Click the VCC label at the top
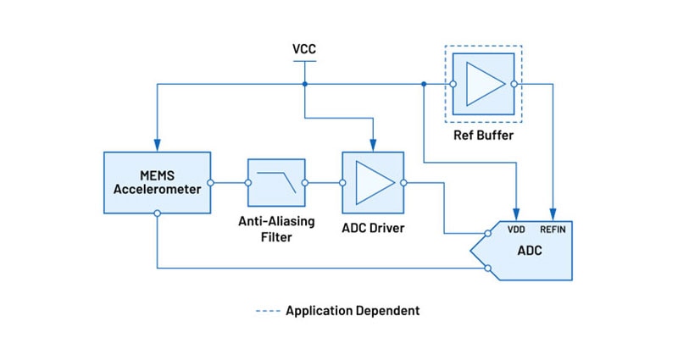coord(304,48)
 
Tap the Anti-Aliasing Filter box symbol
coord(275,182)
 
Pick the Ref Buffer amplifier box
coord(483,84)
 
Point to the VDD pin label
coord(517,230)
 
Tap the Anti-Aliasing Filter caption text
coord(275,229)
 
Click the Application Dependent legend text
coord(353,311)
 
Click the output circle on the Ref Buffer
coord(513,84)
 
